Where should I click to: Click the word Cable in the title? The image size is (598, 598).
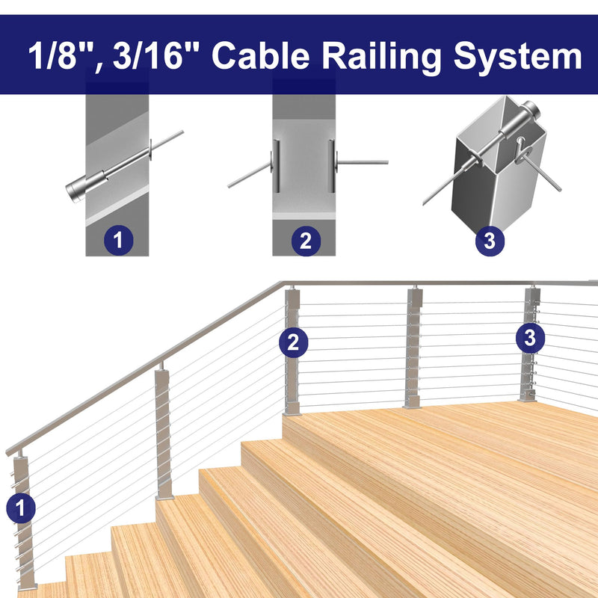click(x=260, y=55)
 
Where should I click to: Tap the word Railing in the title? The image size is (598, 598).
click(x=381, y=58)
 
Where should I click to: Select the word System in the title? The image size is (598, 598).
click(x=517, y=58)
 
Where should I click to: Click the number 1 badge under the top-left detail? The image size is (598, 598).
click(x=119, y=241)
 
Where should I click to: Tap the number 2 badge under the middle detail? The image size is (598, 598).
click(x=306, y=241)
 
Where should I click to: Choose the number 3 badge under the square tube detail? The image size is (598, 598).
click(x=490, y=241)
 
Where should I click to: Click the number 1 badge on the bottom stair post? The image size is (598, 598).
click(x=21, y=508)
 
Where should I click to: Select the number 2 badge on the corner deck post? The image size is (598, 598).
click(x=293, y=343)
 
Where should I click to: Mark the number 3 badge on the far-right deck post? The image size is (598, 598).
click(x=530, y=338)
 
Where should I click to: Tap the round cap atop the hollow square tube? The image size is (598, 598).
click(x=531, y=109)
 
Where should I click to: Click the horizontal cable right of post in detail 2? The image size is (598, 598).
click(x=363, y=163)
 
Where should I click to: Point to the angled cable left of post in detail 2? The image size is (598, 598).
click(x=250, y=175)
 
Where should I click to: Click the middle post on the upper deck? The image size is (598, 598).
click(x=414, y=348)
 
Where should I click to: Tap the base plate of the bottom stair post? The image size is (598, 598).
click(x=27, y=586)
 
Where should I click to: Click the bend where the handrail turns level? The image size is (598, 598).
click(x=283, y=284)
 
